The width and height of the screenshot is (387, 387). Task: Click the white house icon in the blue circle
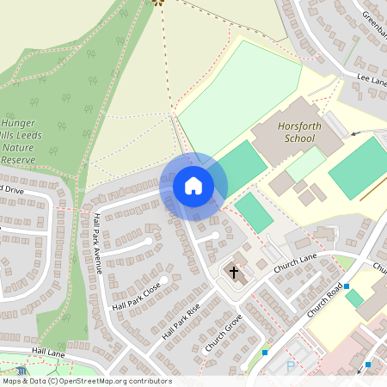click(193, 185)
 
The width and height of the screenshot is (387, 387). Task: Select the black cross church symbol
click(233, 273)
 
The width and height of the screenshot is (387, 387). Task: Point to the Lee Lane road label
click(372, 80)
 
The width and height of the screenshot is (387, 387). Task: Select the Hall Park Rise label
click(181, 322)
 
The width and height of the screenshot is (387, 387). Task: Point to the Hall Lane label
click(49, 351)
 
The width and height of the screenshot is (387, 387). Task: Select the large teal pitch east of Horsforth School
click(358, 167)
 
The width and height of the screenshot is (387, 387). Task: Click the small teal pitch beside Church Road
click(354, 298)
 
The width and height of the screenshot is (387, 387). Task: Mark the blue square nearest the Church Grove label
click(265, 353)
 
